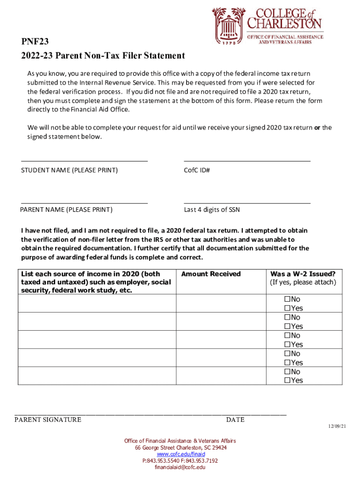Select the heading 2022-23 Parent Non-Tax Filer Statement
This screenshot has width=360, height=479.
103,56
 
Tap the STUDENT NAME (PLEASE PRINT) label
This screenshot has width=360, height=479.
69,170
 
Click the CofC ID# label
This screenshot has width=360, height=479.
197,170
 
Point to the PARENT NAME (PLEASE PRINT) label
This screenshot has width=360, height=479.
66,210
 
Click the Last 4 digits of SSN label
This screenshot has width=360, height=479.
212,210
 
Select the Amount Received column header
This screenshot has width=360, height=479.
211,274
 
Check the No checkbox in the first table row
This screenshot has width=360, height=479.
288,299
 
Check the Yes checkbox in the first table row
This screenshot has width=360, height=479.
288,308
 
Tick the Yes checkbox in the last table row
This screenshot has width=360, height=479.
288,380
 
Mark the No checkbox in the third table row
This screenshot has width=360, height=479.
288,335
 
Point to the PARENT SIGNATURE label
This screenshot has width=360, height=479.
48,420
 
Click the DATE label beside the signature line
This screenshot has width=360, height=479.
235,420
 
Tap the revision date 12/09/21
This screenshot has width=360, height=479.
336,427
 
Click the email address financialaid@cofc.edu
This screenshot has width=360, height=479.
180,467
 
